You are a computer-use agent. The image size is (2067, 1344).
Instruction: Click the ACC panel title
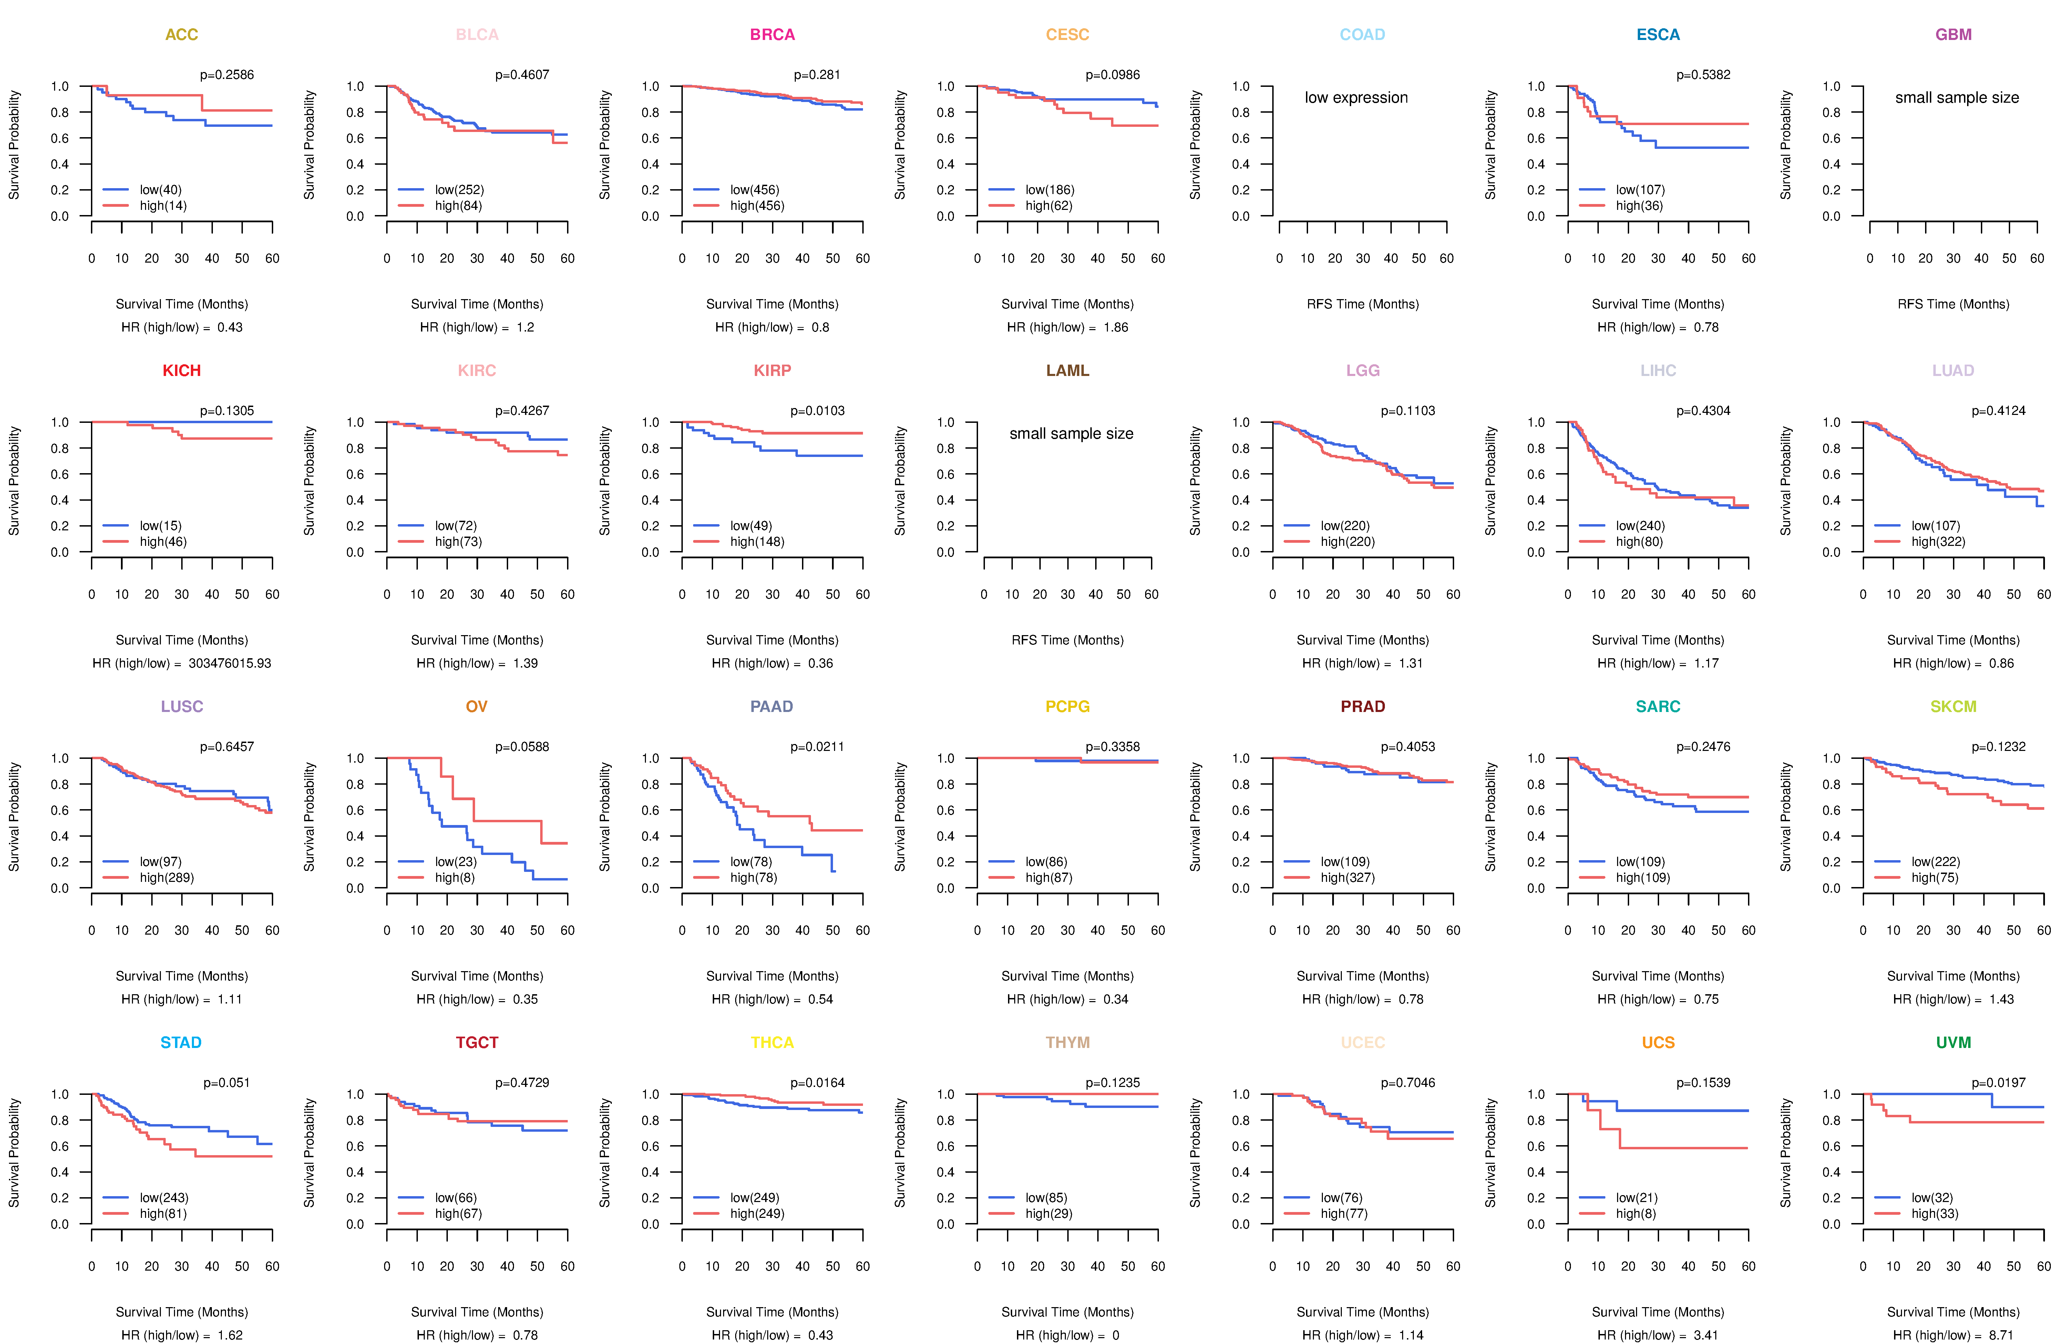pos(182,35)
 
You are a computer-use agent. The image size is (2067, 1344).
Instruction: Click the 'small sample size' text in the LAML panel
pos(1071,434)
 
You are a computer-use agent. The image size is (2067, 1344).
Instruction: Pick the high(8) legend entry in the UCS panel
pos(1635,1214)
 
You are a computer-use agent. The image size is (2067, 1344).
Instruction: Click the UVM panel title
pos(1953,1042)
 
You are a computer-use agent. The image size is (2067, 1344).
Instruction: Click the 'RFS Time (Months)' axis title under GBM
pos(1953,304)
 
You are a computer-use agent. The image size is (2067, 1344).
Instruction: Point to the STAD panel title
pos(181,1042)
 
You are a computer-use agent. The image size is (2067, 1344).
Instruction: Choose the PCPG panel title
pos(1067,706)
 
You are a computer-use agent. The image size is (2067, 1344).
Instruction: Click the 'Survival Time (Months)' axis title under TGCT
pos(477,1312)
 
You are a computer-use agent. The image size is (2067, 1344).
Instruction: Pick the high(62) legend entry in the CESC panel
pos(1048,206)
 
